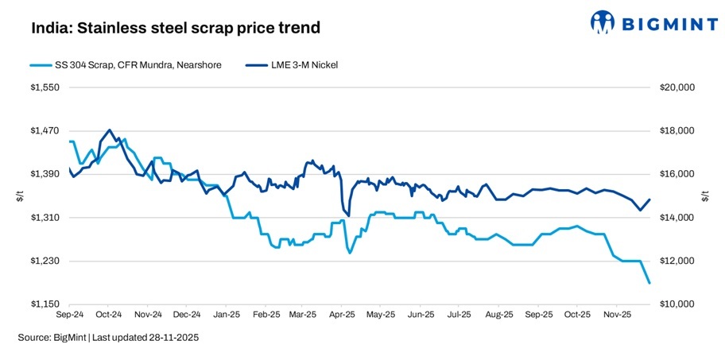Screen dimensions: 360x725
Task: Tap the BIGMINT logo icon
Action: coord(605,22)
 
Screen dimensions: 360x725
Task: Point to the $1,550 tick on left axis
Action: coord(44,87)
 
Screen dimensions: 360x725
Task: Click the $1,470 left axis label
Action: coord(44,131)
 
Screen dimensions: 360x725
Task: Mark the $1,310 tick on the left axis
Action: coord(44,218)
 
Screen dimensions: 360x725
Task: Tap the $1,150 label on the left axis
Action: coord(44,304)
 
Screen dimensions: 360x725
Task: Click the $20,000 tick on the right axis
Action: coord(678,87)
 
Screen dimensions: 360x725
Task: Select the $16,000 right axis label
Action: coord(678,174)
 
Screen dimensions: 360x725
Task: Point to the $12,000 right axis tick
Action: coord(678,261)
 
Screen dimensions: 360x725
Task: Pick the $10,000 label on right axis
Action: coord(678,304)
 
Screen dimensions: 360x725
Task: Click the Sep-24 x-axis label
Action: coord(70,315)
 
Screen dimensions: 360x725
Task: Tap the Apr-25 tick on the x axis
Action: coord(341,315)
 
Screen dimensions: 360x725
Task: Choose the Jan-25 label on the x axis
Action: coord(226,315)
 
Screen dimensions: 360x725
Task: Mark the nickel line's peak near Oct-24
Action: coord(109,130)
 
